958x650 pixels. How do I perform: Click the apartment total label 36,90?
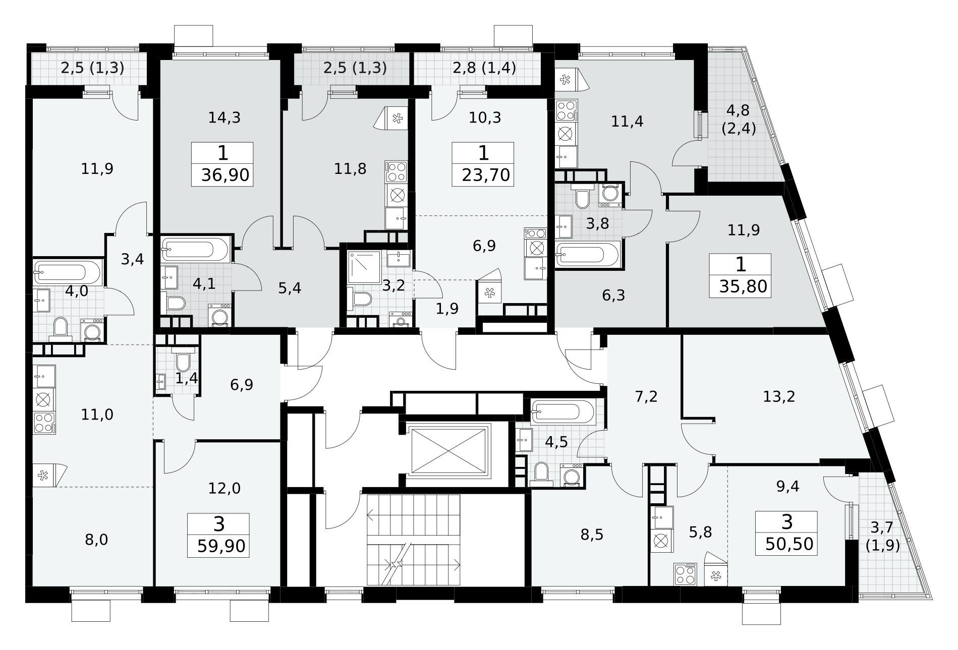tap(225, 175)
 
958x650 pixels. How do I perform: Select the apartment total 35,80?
tap(743, 286)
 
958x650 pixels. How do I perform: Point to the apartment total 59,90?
tap(222, 546)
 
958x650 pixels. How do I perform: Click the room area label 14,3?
tap(224, 117)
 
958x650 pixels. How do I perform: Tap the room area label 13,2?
tap(779, 396)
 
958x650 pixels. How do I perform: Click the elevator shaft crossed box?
tap(450, 450)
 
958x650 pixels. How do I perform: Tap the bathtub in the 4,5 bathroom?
tap(563, 412)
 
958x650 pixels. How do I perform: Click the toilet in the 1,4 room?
tap(183, 360)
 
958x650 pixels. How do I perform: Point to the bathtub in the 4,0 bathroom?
tap(68, 273)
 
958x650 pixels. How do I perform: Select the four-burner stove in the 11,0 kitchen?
tap(44, 423)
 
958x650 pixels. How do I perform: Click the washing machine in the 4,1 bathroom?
tap(220, 316)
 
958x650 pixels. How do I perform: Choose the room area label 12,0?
tap(224, 488)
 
